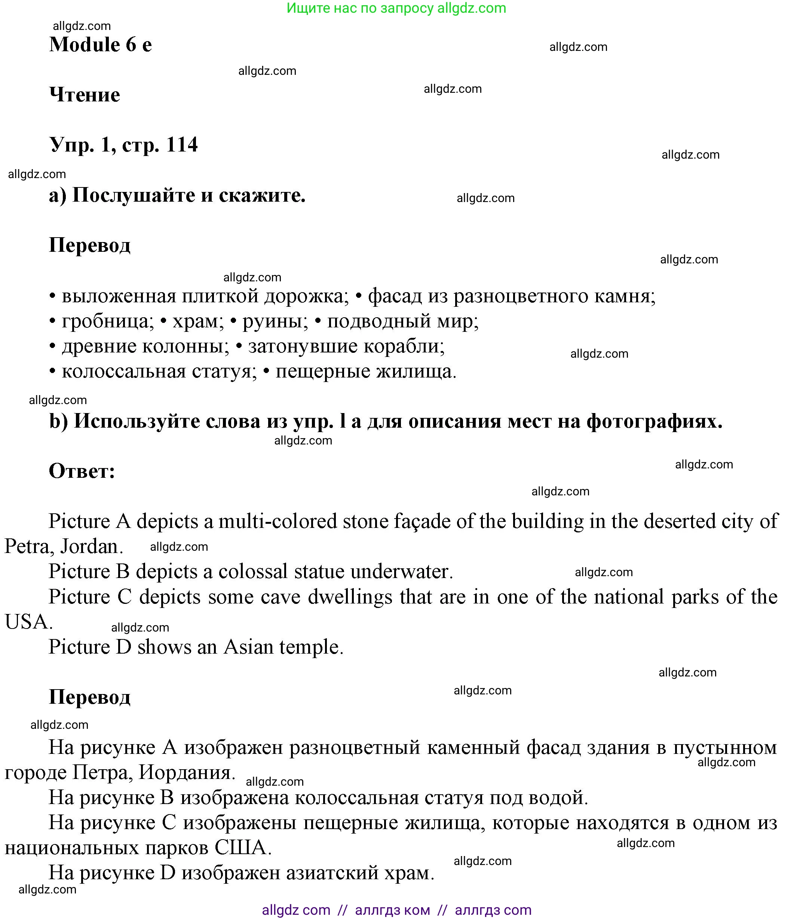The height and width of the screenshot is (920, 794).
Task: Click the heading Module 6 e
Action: pos(100,45)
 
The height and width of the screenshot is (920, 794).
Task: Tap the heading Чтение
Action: pos(84,95)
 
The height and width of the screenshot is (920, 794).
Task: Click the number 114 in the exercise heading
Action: pos(181,145)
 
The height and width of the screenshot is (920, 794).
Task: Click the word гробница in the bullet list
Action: pos(107,321)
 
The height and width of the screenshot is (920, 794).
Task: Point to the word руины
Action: pos(275,321)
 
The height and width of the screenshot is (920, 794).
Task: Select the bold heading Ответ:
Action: pos(82,471)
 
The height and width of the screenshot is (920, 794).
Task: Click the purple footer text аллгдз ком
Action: pos(392,910)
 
